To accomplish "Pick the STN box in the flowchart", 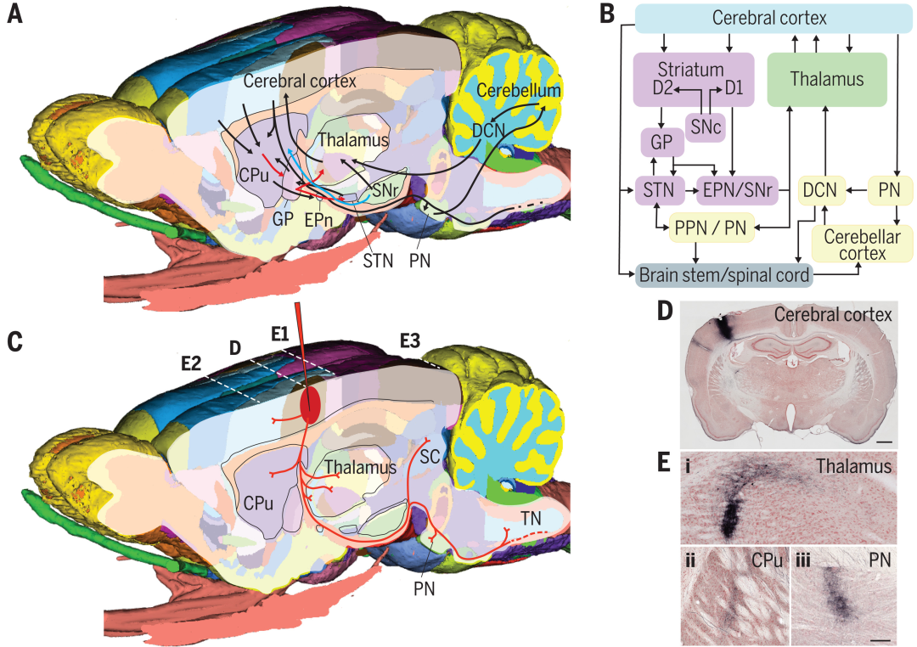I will pos(659,192).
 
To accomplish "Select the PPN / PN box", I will pos(712,228).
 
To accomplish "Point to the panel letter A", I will pos(14,14).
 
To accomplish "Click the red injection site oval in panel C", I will pos(310,404).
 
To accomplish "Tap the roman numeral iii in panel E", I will pos(802,559).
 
